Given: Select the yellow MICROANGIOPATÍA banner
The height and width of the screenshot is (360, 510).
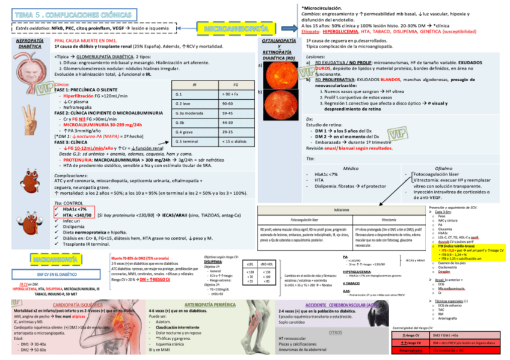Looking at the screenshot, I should [x=236, y=28].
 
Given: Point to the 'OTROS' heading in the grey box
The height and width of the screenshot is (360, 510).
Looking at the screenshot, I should [x=336, y=332].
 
